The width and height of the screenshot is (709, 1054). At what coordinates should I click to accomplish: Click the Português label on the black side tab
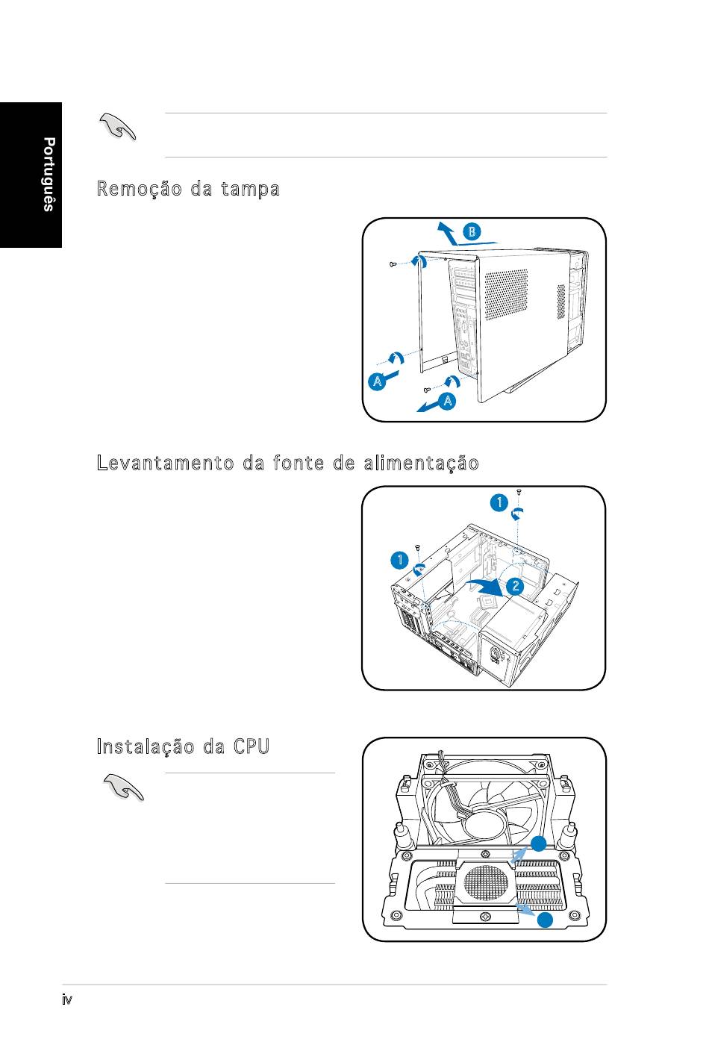(x=49, y=175)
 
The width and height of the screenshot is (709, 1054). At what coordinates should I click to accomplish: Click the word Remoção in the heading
(x=140, y=189)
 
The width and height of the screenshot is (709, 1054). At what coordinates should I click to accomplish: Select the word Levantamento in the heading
(x=165, y=463)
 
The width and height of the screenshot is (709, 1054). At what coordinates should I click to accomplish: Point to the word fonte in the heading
(x=299, y=463)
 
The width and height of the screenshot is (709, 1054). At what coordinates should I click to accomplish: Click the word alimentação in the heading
(x=422, y=464)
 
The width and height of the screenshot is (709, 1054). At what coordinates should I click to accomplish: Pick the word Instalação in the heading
(x=146, y=747)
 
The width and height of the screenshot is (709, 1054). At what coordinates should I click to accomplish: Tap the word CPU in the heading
(x=252, y=746)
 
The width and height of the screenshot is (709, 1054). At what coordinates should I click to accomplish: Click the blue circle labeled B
(x=472, y=231)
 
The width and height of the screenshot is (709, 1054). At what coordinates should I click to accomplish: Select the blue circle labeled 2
(x=515, y=586)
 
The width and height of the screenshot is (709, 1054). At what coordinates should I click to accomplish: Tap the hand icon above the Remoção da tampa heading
(x=118, y=127)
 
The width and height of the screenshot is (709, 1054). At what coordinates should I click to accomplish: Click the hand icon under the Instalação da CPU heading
(x=123, y=788)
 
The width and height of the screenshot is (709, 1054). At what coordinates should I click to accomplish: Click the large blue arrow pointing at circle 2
(x=484, y=587)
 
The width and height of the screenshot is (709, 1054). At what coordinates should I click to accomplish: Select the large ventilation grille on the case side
(x=506, y=295)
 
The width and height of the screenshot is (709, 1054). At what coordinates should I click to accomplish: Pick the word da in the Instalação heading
(x=214, y=747)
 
